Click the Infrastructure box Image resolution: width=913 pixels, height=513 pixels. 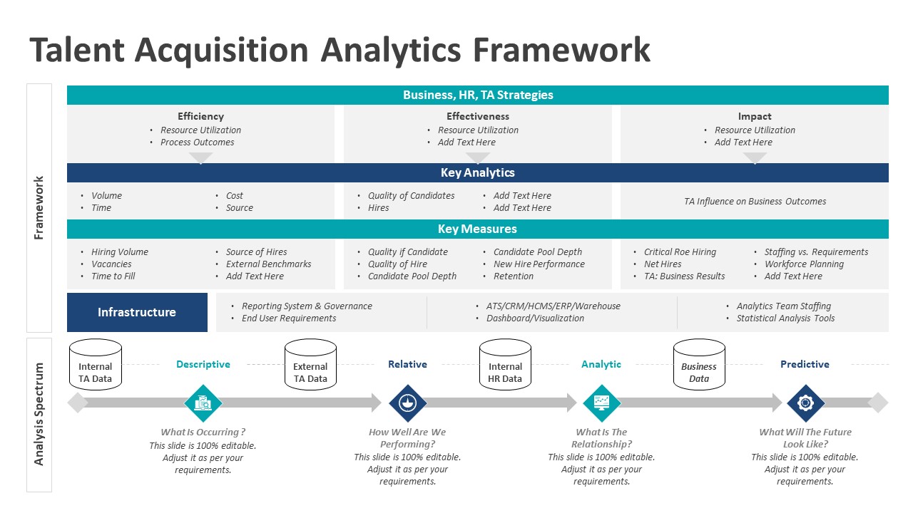(137, 312)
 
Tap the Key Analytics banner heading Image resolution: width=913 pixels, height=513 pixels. (478, 172)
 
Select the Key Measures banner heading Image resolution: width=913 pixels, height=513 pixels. (478, 229)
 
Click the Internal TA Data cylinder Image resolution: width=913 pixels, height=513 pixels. (96, 365)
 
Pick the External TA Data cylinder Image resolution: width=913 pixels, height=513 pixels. (310, 365)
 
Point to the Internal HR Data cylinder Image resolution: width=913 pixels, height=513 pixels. (505, 365)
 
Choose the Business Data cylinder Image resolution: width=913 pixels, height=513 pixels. (699, 365)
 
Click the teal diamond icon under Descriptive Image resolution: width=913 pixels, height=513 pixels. (203, 403)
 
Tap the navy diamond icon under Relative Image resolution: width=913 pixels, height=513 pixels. (407, 403)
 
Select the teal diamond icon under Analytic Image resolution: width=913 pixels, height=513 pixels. (601, 403)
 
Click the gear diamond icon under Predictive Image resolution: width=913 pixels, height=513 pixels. (805, 403)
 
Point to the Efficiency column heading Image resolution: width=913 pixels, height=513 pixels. (200, 116)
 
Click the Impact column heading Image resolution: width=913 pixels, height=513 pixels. (755, 116)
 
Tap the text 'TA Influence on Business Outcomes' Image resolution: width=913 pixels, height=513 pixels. (755, 202)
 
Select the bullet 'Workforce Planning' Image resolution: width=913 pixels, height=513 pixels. (804, 264)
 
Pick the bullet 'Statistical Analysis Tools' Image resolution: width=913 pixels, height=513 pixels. (785, 318)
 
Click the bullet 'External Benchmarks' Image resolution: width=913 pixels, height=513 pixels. (269, 264)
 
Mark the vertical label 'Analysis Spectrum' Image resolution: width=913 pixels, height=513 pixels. (39, 415)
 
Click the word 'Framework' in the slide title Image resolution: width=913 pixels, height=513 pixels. (561, 50)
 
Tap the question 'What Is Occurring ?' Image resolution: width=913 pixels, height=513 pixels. (203, 432)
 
